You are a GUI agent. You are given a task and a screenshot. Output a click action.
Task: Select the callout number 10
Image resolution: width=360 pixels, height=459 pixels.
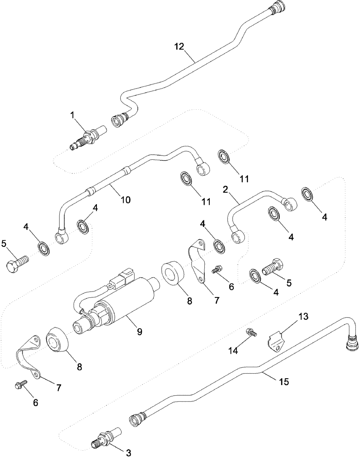pos(125,200)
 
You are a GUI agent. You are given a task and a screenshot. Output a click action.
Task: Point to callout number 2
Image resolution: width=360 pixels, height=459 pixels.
pos(226,189)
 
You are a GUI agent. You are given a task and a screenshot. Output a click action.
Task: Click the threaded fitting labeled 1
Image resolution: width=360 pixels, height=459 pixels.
pos(84,138)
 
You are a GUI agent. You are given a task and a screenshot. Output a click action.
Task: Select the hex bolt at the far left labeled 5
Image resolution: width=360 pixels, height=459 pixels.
pos(17,264)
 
